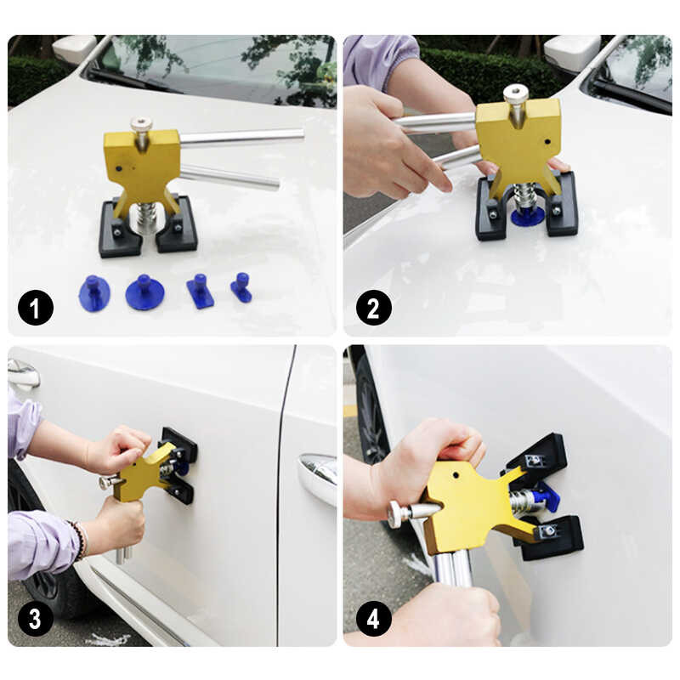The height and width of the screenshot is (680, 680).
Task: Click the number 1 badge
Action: click(35, 308)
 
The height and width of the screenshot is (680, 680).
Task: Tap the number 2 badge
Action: click(373, 308)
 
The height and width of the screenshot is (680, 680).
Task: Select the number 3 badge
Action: click(35, 619)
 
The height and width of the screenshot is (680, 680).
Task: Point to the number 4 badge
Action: click(373, 619)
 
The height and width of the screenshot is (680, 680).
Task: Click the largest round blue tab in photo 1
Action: click(144, 292)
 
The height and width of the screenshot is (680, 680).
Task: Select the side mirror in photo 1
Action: click(76, 49)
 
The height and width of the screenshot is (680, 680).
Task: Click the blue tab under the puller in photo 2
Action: click(527, 216)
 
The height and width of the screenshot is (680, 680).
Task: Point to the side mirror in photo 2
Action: click(572, 53)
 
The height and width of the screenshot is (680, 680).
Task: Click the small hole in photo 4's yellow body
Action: click(456, 473)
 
